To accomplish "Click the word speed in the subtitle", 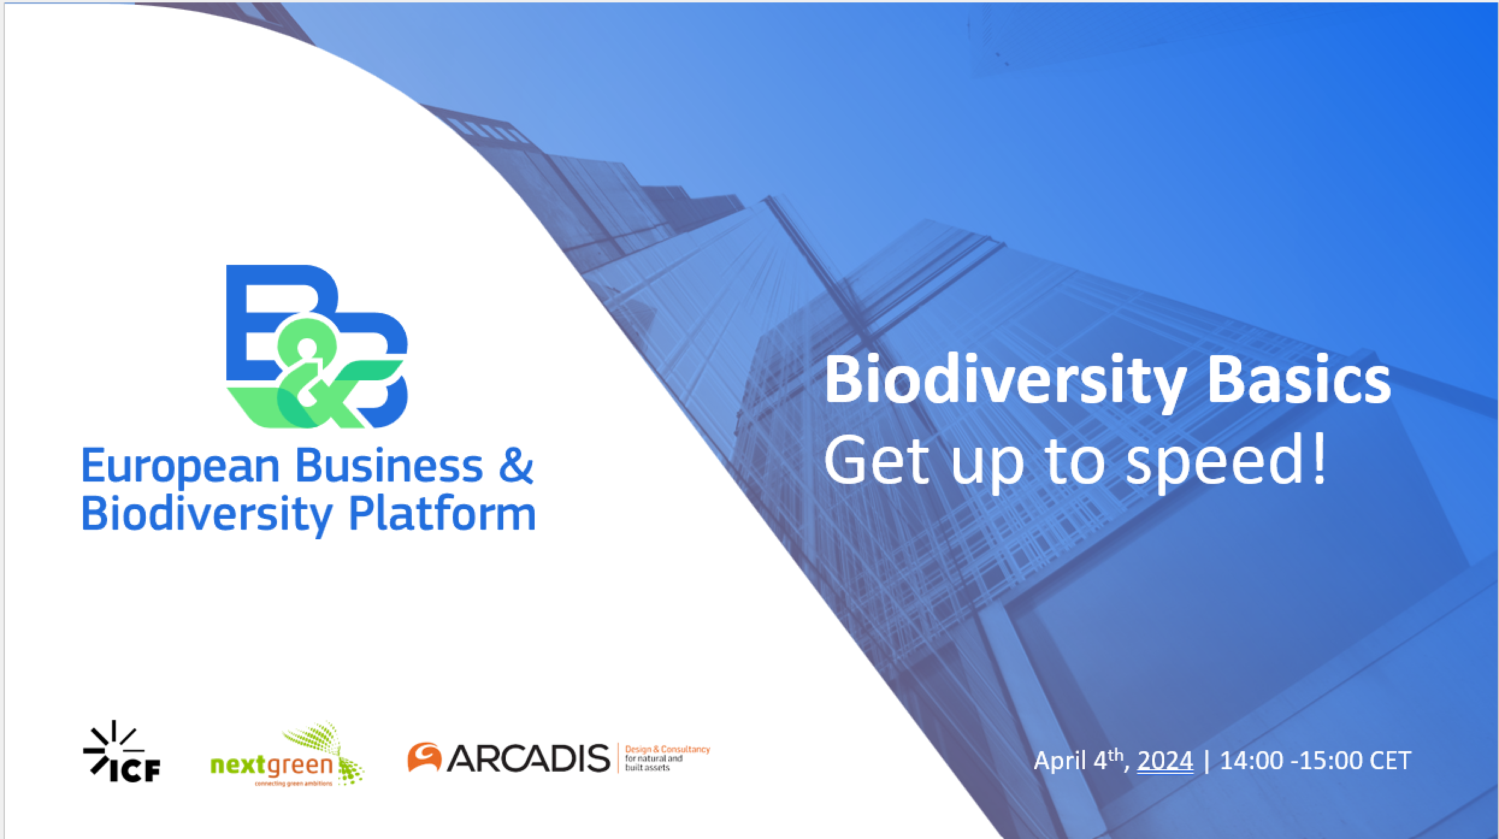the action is click(1211, 464).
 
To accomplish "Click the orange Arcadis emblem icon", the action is click(425, 757).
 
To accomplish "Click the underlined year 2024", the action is click(1165, 761).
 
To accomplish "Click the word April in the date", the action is click(1060, 762).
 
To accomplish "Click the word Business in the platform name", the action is click(389, 466).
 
